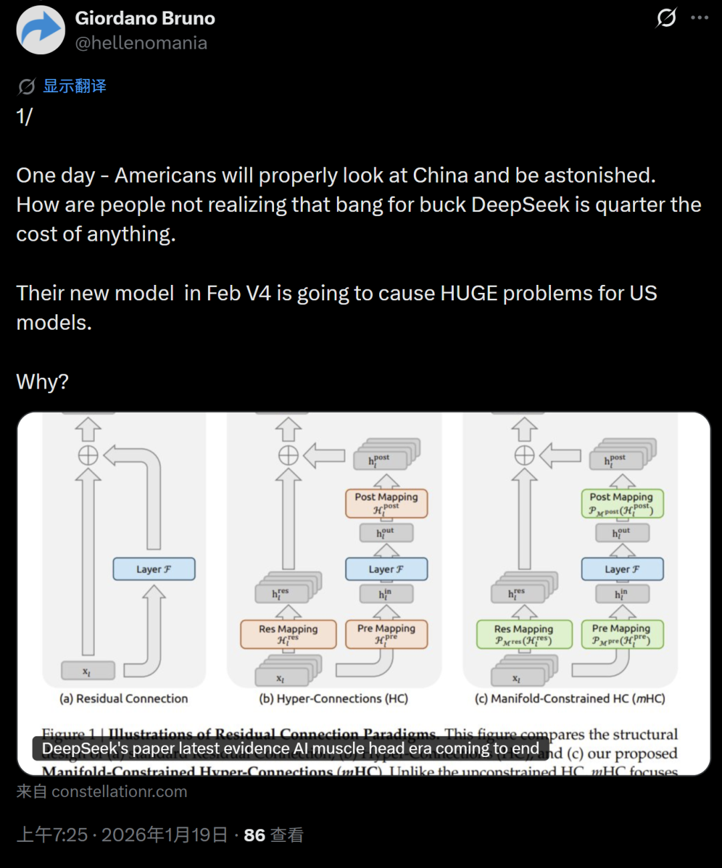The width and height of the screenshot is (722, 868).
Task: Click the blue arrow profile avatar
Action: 41,30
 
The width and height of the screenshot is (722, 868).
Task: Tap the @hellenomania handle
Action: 141,43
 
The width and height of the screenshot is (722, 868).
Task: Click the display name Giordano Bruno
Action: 145,18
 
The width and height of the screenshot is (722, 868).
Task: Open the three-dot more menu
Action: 699,18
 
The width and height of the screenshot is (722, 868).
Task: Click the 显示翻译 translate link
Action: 74,86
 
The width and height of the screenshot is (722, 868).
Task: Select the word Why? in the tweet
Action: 42,382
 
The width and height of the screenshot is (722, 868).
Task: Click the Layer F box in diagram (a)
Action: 154,569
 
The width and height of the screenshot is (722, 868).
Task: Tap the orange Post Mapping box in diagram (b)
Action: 386,503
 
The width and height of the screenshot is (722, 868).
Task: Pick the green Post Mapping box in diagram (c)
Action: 621,503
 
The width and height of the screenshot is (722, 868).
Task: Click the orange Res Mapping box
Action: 288,634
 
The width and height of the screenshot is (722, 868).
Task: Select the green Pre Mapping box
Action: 621,634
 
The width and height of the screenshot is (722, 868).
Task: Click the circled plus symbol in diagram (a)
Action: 88,455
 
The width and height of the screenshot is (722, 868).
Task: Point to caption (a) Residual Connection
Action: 124,699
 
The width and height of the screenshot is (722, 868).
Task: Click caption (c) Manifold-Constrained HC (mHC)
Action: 570,699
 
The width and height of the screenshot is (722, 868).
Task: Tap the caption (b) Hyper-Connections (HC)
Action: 334,699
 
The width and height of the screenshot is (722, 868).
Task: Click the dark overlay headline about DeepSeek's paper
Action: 290,749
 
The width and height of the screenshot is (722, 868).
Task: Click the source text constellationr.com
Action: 119,792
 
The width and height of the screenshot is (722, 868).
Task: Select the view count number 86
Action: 254,835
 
